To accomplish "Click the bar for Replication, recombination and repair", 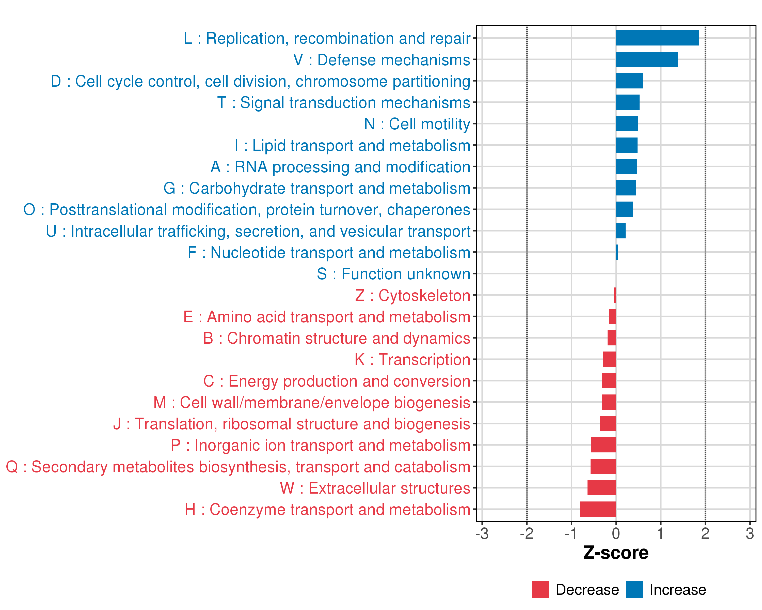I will click(657, 38).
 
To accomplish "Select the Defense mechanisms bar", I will click(646, 59).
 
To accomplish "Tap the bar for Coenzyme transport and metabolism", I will click(598, 509).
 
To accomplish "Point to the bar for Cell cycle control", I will click(629, 81).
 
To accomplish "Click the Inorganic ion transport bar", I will click(604, 445).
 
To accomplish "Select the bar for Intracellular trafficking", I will click(621, 231).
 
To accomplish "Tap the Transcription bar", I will click(609, 359).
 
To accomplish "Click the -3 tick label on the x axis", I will click(482, 533).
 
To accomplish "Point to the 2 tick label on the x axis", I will click(705, 533).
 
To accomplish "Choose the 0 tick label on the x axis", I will click(616, 533).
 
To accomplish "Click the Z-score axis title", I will click(616, 553).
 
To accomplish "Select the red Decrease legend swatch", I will click(540, 589).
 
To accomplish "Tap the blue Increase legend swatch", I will click(634, 589).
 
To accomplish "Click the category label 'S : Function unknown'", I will click(393, 274).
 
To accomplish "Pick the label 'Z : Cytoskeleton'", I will click(412, 296).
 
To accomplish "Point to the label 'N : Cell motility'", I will click(417, 124).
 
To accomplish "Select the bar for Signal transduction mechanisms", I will click(628, 102).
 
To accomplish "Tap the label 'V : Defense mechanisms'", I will click(382, 60).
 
